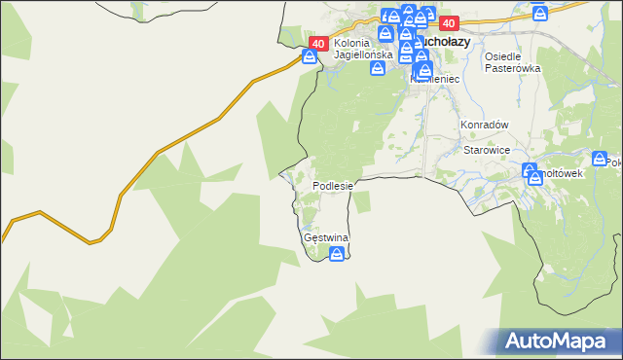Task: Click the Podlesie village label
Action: (332, 186)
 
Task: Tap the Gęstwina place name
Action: (326, 237)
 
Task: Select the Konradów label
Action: (486, 125)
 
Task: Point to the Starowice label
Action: (488, 150)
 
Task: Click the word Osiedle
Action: (505, 56)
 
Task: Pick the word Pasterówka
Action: (512, 69)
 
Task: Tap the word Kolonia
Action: (351, 43)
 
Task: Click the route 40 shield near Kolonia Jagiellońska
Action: (318, 44)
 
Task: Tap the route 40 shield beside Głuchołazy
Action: (449, 23)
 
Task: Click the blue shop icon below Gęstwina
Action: (337, 255)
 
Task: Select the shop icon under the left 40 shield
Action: (310, 56)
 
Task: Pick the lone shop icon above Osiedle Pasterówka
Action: (540, 14)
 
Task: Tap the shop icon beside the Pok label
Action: (599, 160)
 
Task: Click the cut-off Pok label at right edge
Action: (614, 162)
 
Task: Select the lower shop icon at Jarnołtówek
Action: (534, 178)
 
